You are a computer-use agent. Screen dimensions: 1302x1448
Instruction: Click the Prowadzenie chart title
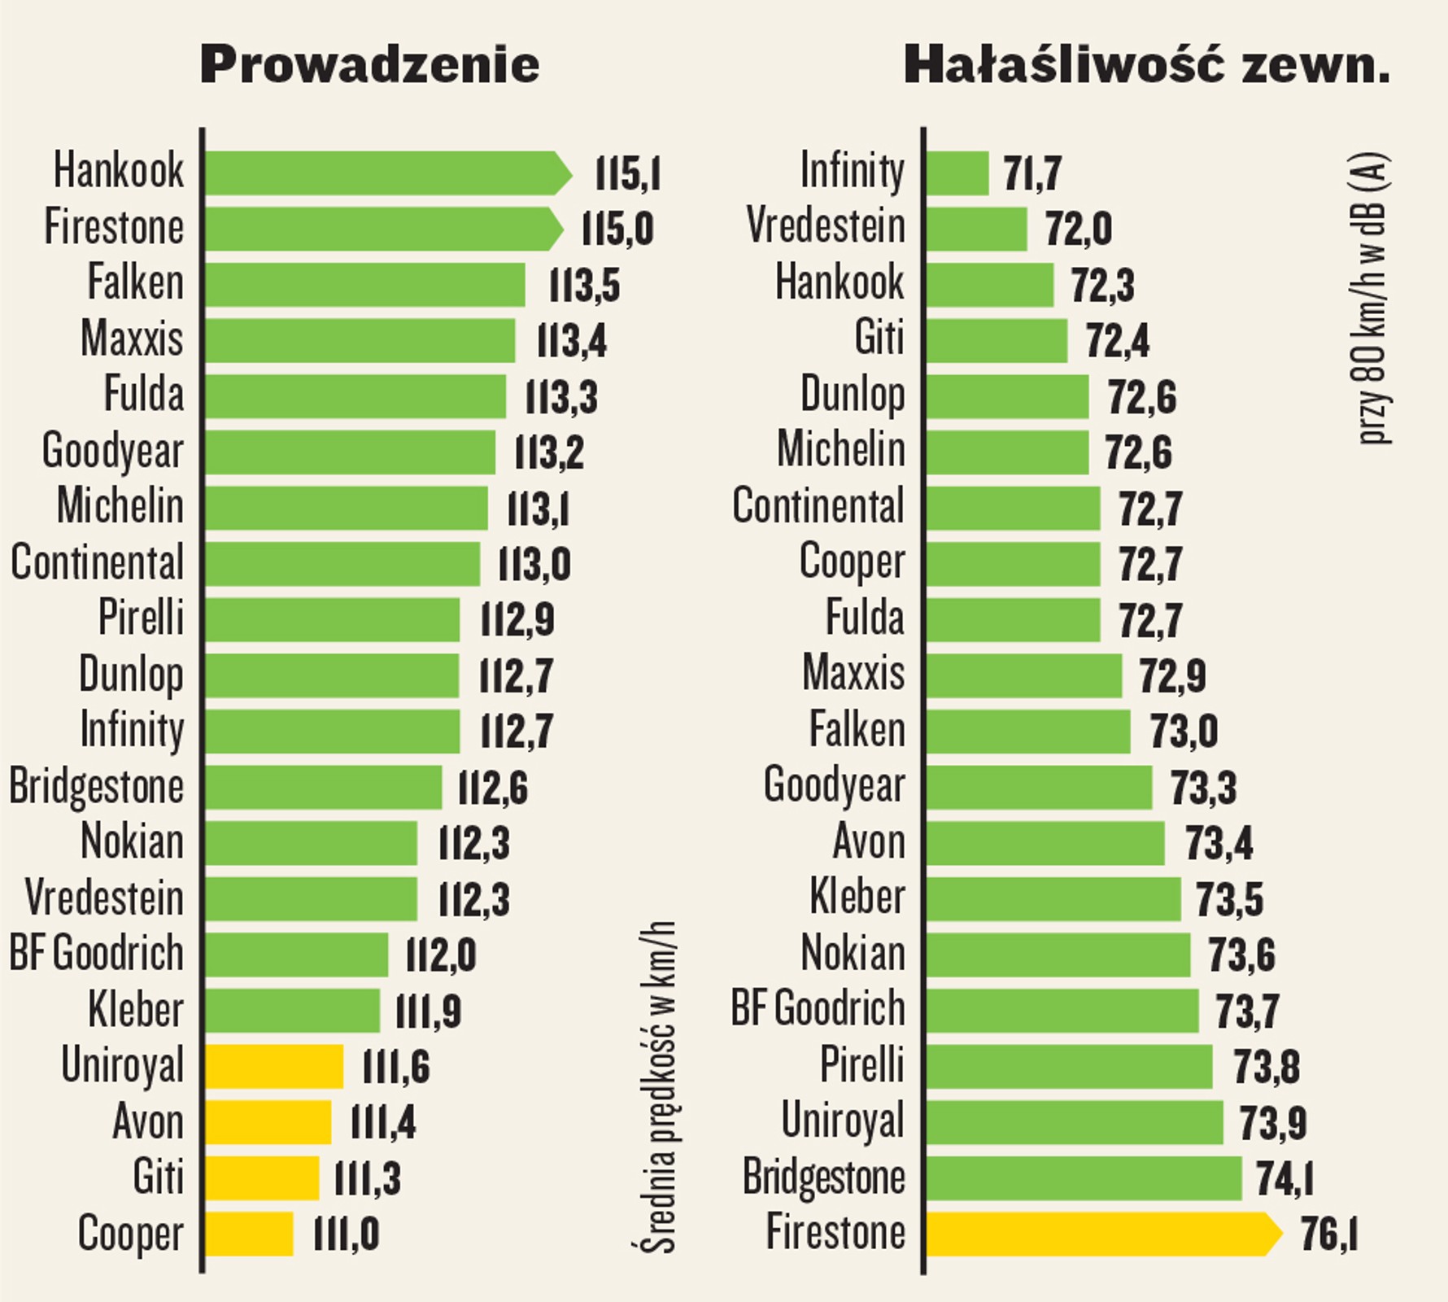coord(369,65)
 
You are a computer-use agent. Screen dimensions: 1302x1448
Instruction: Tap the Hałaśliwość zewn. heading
coord(1146,65)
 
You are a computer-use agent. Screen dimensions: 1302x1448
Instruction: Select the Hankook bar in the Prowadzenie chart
coord(382,173)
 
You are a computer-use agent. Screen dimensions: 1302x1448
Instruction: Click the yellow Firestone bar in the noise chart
coord(1098,1234)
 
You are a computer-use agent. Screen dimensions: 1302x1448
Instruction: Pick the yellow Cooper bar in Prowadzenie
coord(249,1234)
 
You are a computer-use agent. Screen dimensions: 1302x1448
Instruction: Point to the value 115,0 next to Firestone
coord(617,229)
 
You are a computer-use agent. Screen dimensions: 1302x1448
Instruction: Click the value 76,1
coord(1328,1234)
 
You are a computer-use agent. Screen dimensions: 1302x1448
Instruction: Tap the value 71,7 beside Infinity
coord(1031,174)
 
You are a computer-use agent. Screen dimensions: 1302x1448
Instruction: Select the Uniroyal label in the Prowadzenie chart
coord(123,1065)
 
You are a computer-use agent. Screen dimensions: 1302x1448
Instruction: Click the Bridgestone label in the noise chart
coord(823,1177)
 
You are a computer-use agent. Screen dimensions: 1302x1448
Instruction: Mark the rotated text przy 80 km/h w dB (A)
coord(1374,299)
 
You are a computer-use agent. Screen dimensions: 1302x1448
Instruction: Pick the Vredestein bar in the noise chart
coord(976,229)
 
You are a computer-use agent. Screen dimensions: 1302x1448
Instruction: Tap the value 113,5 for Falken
coord(584,286)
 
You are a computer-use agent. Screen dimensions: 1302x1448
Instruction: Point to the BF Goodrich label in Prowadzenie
coord(96,954)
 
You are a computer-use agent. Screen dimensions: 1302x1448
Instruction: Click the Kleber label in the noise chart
coord(857,898)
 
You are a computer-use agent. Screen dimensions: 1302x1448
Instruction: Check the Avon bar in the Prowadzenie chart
coord(268,1122)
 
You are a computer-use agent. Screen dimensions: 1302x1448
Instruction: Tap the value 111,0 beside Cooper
coord(346,1235)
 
